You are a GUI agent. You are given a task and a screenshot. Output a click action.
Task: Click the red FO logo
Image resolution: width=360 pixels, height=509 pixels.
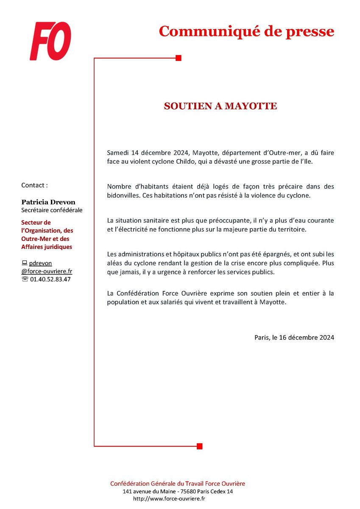click(50, 41)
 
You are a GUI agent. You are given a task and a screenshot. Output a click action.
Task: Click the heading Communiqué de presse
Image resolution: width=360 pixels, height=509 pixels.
click(246, 31)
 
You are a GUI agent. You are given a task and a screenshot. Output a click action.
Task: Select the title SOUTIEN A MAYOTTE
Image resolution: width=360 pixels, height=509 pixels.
click(220, 106)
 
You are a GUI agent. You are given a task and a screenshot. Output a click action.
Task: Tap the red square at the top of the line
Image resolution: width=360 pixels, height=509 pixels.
click(179, 58)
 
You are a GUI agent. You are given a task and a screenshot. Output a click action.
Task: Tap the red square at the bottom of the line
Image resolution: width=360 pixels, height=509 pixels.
click(200, 446)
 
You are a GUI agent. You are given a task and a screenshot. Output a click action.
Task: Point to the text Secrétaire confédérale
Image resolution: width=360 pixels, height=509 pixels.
click(52, 210)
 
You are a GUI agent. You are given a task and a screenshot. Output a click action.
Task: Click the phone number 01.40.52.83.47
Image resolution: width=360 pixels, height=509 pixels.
click(50, 279)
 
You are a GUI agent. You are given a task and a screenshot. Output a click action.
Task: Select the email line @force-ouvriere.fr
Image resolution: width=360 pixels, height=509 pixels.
click(47, 271)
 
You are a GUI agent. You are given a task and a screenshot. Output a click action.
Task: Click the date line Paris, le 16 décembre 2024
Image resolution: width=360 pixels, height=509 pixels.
click(294, 338)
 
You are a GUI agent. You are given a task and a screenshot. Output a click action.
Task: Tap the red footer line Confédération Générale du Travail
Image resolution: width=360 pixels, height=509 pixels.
click(177, 484)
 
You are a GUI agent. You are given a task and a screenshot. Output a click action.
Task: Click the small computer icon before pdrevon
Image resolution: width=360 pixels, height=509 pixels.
click(24, 263)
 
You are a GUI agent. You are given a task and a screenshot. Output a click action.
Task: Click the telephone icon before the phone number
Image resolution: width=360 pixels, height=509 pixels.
click(24, 279)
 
